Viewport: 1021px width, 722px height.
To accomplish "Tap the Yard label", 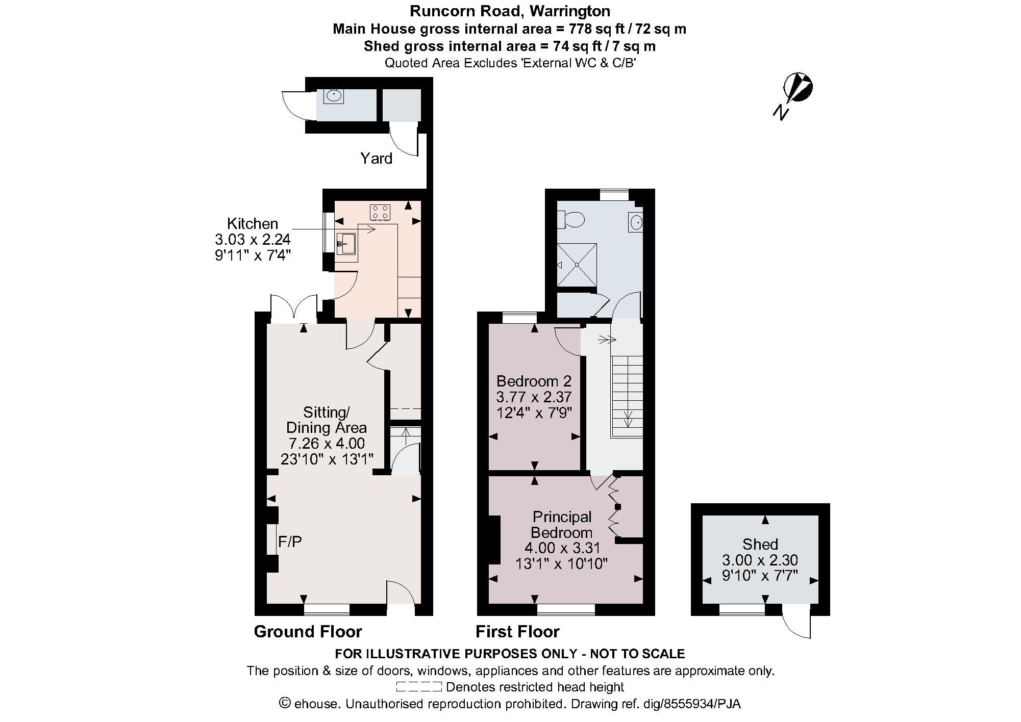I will (x=376, y=159).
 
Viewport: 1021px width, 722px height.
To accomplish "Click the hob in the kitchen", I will (x=380, y=212).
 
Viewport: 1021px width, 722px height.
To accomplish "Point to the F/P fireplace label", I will (x=290, y=541).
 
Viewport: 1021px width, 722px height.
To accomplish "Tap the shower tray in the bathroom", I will (x=577, y=265).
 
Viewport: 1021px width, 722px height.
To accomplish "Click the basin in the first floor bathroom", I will (x=635, y=222).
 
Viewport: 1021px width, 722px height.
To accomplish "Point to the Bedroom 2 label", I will (x=534, y=381).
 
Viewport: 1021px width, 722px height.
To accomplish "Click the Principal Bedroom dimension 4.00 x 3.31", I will (x=562, y=548).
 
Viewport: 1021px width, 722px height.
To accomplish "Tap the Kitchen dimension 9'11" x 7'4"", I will (x=253, y=254).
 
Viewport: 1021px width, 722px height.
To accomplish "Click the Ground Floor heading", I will (x=308, y=632).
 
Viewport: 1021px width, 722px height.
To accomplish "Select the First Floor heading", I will (x=517, y=632).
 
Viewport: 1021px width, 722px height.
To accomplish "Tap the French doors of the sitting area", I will (x=293, y=309).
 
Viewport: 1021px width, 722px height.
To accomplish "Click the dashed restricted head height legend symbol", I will (x=418, y=686).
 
